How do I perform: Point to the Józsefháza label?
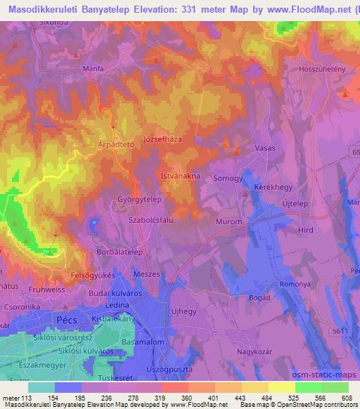coord(162,139)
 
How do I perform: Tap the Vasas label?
coord(264,148)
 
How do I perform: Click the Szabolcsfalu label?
coord(153,218)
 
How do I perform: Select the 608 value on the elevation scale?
coord(347,398)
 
